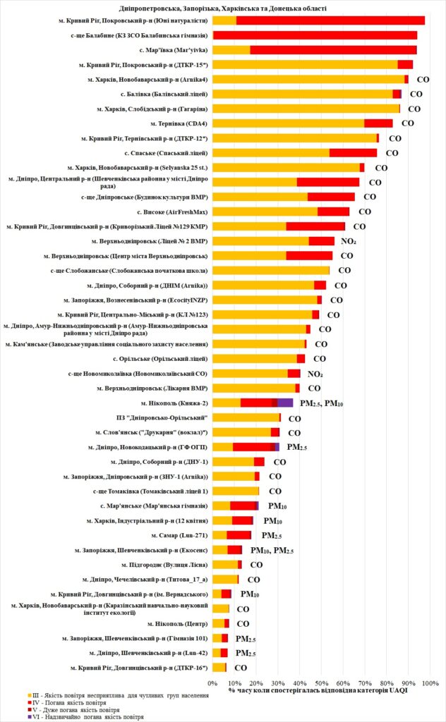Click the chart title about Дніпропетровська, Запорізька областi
[x=222, y=8]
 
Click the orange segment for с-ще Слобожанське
[x=271, y=270]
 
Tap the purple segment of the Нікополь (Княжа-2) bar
[x=285, y=403]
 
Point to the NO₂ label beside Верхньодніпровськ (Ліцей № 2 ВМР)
[x=348, y=241]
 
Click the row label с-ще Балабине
[x=139, y=35]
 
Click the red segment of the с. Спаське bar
[x=353, y=152]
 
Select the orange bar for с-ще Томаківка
[x=236, y=491]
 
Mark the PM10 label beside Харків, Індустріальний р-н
[x=273, y=520]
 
